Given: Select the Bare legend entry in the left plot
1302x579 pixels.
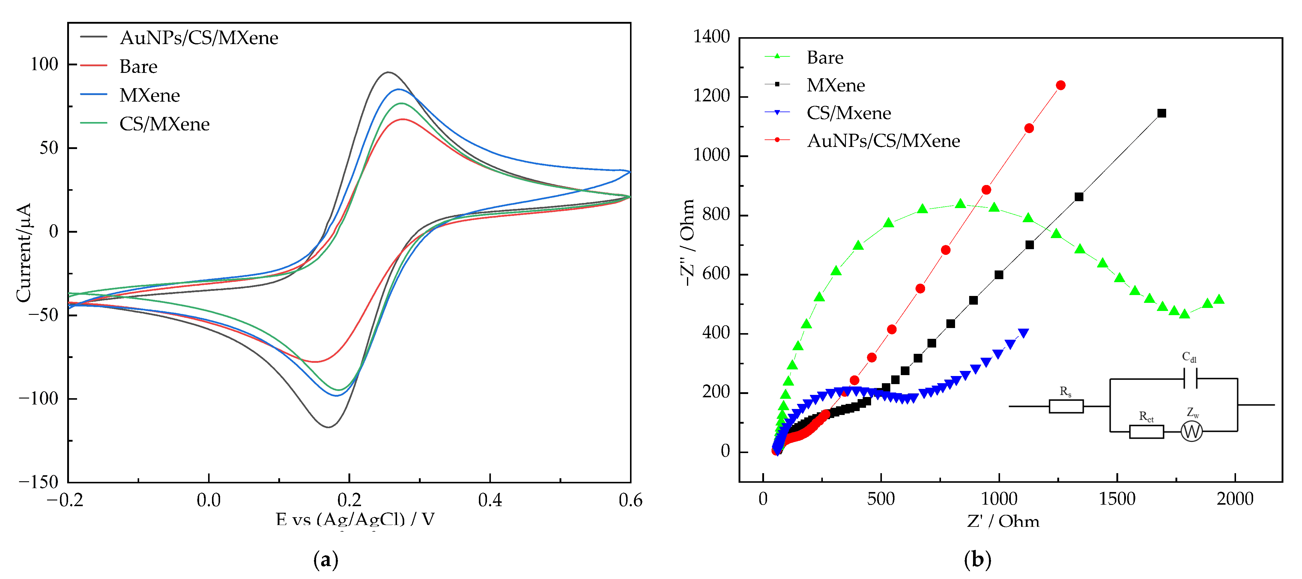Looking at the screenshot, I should click(x=138, y=67).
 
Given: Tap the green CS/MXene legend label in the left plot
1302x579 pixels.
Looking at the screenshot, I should click(x=164, y=124).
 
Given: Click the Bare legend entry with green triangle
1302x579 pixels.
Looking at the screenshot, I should click(x=824, y=58).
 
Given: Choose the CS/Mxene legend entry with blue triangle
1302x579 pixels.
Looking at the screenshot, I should click(x=848, y=113).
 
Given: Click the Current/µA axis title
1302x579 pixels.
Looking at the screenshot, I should click(x=24, y=252).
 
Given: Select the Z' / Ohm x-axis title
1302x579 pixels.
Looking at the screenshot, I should click(x=1003, y=521).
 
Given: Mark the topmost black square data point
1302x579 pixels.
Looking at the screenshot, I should click(x=1161, y=113).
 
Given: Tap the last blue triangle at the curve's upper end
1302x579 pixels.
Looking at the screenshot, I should click(x=1023, y=333).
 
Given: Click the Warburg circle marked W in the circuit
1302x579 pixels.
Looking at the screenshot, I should click(x=1191, y=431).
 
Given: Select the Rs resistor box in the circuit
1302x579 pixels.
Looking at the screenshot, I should click(x=1066, y=406).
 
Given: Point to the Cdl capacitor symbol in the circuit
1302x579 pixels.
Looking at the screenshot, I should click(x=1190, y=378).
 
